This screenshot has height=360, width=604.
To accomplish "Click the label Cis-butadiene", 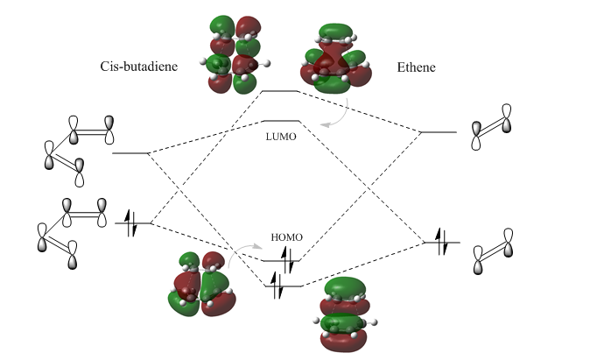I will [x=144, y=67].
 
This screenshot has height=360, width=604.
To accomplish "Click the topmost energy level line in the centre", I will [x=281, y=90].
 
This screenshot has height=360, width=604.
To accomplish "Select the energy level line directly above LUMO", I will [x=281, y=121].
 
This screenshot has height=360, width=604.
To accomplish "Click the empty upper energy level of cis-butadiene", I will [x=131, y=153].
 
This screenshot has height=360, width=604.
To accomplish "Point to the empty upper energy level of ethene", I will [x=439, y=132].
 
